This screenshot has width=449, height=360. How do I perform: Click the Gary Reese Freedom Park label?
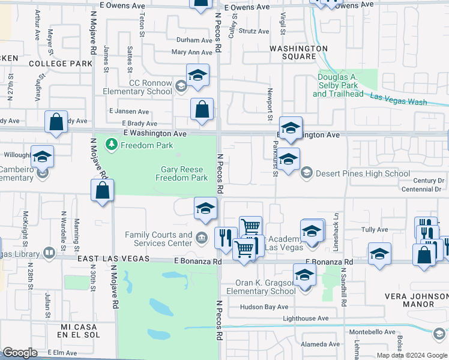[x=181, y=173]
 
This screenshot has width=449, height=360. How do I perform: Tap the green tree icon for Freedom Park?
[x=111, y=145]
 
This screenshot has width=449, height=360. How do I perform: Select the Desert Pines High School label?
[x=355, y=174]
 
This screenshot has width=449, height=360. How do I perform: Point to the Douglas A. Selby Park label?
[x=338, y=85]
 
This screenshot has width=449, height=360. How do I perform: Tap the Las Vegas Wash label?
[x=399, y=99]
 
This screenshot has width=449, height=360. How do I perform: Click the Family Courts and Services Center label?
[x=158, y=239]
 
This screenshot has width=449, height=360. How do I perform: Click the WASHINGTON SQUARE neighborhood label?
[x=299, y=52]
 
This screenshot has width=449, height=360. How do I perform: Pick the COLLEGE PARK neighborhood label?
[x=60, y=63]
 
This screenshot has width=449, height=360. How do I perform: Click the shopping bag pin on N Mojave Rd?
[x=103, y=191]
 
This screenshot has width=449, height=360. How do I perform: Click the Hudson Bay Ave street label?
[x=265, y=307]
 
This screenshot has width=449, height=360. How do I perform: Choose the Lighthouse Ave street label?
[x=306, y=319]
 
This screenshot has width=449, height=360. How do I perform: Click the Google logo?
[x=20, y=353]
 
